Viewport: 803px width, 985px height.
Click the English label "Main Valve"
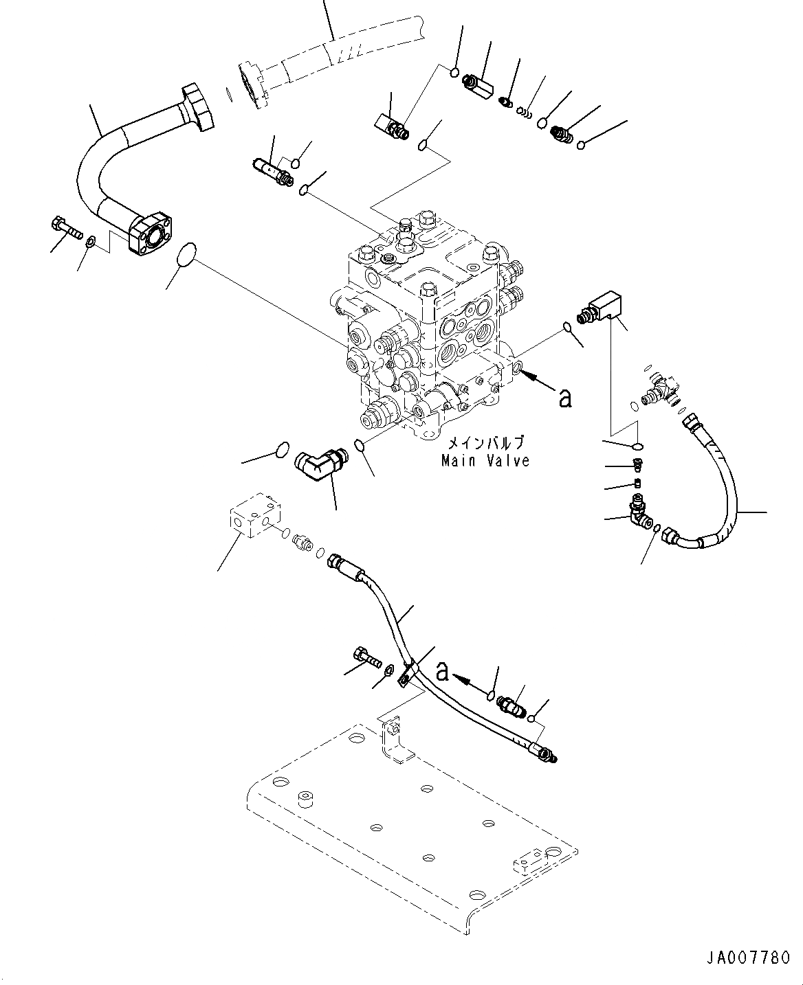pos(485,461)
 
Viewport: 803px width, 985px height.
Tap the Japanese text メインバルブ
pos(485,442)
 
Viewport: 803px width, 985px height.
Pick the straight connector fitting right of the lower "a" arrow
pos(512,705)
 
